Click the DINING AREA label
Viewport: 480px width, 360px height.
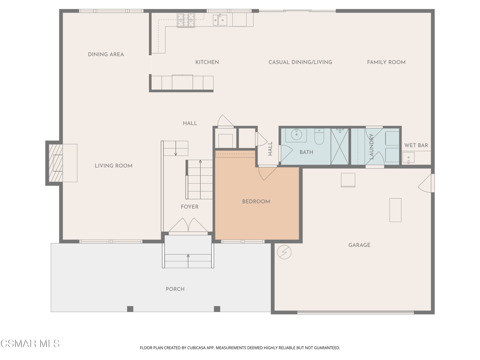106,54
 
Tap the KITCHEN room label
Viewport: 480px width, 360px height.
207,62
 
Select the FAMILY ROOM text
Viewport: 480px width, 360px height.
386,62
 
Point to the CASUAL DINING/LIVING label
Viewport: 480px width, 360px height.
300,62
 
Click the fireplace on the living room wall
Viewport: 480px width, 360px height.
56,163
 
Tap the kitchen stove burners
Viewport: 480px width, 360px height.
186,20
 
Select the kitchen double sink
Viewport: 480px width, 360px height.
220,20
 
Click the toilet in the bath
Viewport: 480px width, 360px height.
320,137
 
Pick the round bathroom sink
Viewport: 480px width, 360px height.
297,135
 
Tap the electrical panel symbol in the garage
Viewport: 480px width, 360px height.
284,252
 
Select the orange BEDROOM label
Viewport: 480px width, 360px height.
256,202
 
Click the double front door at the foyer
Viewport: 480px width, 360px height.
188,226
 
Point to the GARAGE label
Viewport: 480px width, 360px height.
359,245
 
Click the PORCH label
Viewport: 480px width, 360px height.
175,289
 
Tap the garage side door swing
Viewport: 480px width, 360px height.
426,183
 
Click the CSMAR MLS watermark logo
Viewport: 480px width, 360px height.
30,344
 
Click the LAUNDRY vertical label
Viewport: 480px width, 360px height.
371,147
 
